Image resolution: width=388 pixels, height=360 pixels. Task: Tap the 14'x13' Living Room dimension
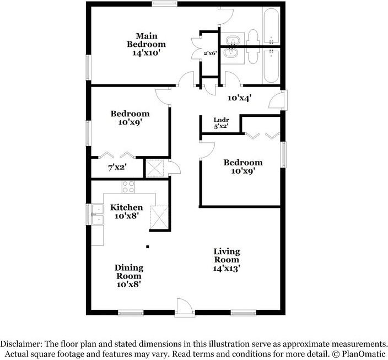pyautogui.click(x=227, y=269)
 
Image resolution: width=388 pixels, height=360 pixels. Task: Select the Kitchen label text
pyautogui.click(x=127, y=207)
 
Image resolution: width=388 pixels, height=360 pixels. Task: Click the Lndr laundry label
pyautogui.click(x=222, y=120)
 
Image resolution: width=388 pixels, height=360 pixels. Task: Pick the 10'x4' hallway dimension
pyautogui.click(x=240, y=98)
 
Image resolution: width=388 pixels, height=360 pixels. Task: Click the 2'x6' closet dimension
pyautogui.click(x=211, y=53)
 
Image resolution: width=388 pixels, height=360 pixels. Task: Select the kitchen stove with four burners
pyautogui.click(x=128, y=187)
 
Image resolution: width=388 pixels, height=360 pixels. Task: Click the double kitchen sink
pyautogui.click(x=97, y=215)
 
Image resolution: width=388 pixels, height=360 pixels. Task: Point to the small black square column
pyautogui.click(x=147, y=248)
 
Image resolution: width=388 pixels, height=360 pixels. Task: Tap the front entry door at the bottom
pyautogui.click(x=184, y=308)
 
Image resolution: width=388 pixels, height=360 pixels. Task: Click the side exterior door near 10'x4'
pyautogui.click(x=280, y=100)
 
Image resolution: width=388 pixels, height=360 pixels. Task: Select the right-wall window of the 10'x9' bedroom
pyautogui.click(x=284, y=154)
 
